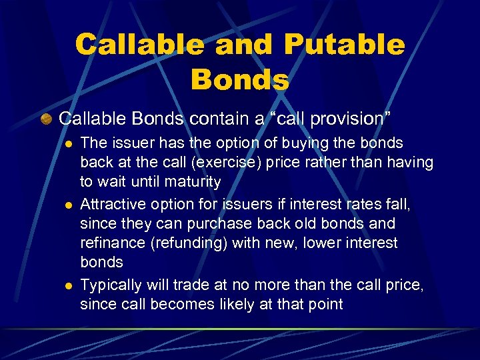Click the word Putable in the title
point(344,45)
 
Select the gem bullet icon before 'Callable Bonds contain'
point(45,119)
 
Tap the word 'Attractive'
point(111,203)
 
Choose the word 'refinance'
point(111,243)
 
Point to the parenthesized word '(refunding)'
point(189,243)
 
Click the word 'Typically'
point(111,285)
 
